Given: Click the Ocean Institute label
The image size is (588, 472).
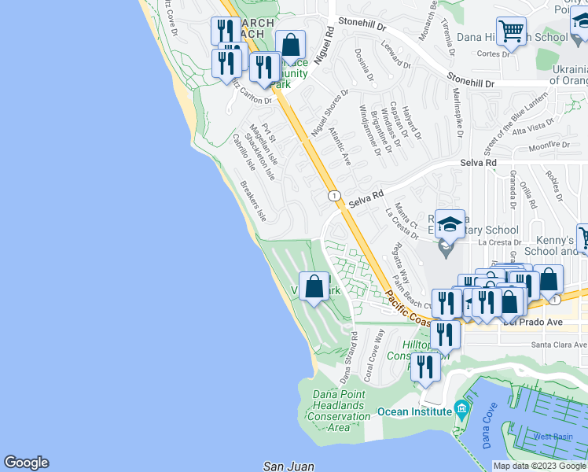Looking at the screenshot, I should pyautogui.click(x=413, y=411).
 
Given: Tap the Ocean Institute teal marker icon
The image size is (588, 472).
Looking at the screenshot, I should pyautogui.click(x=461, y=410).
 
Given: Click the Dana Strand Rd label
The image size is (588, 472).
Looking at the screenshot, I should pyautogui.click(x=348, y=357).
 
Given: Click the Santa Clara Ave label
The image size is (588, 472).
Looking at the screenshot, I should pyautogui.click(x=558, y=345).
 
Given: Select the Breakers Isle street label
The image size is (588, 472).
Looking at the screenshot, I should pyautogui.click(x=252, y=201).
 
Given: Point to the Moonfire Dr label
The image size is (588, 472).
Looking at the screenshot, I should pyautogui.click(x=549, y=146).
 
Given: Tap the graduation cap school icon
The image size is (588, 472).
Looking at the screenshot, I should pyautogui.click(x=450, y=226).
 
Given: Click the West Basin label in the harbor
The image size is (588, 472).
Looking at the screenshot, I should pyautogui.click(x=553, y=437).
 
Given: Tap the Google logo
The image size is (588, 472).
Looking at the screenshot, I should pyautogui.click(x=26, y=463).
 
